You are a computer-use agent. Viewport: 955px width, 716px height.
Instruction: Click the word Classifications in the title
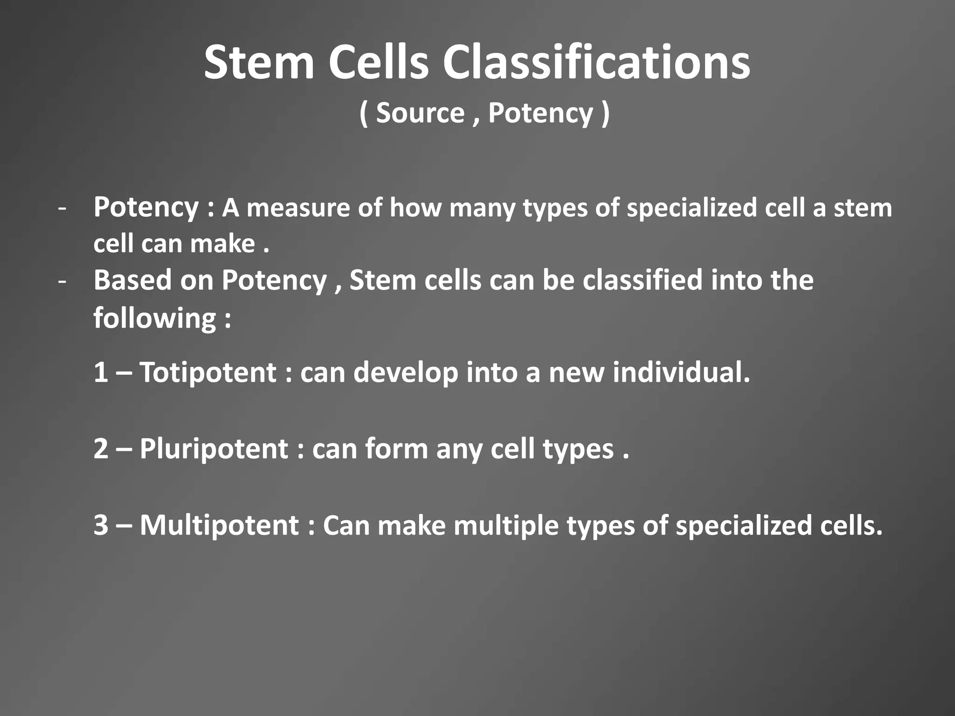pyautogui.click(x=596, y=62)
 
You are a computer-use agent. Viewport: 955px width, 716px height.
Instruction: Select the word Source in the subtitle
pyautogui.click(x=420, y=113)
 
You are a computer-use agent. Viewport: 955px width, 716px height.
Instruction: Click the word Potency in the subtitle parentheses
pyautogui.click(x=540, y=113)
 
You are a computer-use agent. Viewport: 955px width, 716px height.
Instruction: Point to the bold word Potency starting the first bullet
pyautogui.click(x=146, y=207)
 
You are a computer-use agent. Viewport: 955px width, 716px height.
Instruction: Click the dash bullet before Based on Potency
pyautogui.click(x=62, y=281)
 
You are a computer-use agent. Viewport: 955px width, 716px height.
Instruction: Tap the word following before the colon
pyautogui.click(x=154, y=318)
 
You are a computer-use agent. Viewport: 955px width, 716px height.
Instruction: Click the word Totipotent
pyautogui.click(x=208, y=372)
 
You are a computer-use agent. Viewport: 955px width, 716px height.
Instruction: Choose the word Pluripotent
pyautogui.click(x=214, y=449)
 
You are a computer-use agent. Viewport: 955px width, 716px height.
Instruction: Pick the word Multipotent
pyautogui.click(x=219, y=525)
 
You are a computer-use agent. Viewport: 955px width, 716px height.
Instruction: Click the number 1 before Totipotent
pyautogui.click(x=101, y=372)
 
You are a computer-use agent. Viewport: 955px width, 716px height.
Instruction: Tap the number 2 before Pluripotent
pyautogui.click(x=101, y=449)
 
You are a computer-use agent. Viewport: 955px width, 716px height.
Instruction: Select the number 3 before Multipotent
pyautogui.click(x=101, y=525)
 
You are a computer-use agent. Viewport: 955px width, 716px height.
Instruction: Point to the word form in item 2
pyautogui.click(x=396, y=449)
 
